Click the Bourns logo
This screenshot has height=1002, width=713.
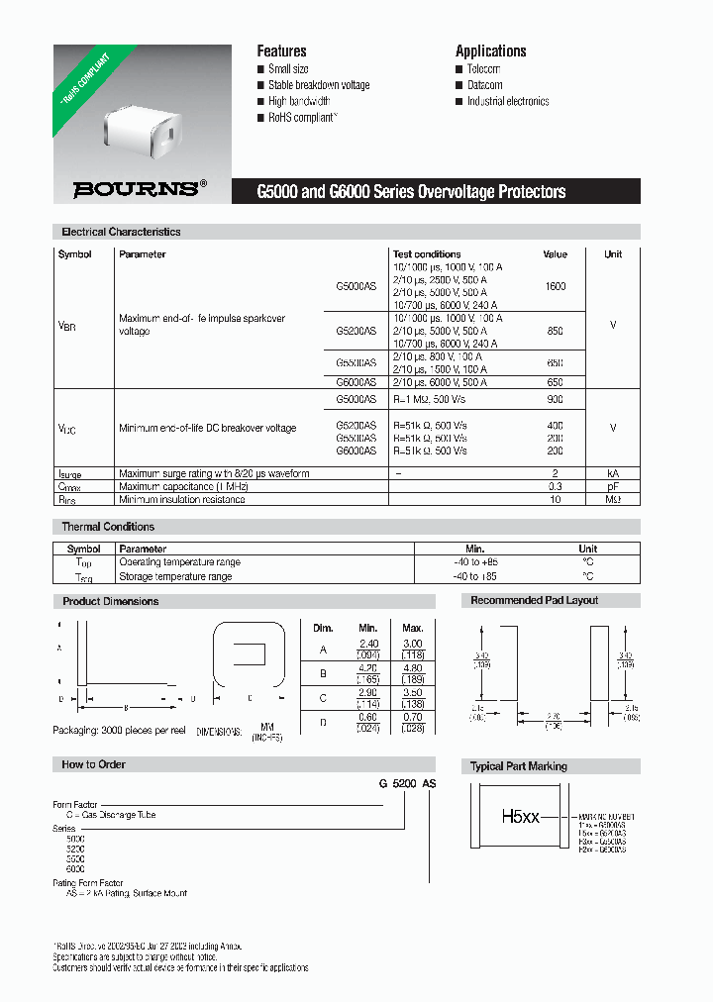click(x=140, y=188)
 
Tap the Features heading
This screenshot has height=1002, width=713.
click(x=281, y=50)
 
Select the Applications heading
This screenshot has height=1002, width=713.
click(x=490, y=50)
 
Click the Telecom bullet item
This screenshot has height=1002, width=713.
click(x=483, y=69)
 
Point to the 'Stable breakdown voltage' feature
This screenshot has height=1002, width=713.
click(x=319, y=85)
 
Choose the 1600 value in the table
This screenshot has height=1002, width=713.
click(x=556, y=286)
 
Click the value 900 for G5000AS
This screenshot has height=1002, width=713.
click(x=555, y=399)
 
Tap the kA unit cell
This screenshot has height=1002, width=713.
click(x=613, y=474)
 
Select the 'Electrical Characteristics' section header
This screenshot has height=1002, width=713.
click(x=121, y=232)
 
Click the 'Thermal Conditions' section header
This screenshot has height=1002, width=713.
click(x=108, y=527)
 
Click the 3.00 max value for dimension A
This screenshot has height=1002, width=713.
click(x=413, y=644)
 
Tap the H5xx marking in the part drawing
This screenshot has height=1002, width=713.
click(x=520, y=817)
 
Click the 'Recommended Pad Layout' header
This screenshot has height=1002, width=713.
click(x=534, y=600)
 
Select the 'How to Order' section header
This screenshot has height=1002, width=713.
click(x=93, y=764)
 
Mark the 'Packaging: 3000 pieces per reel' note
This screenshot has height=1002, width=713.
click(x=119, y=730)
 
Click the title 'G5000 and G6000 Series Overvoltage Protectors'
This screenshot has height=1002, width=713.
click(x=411, y=191)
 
